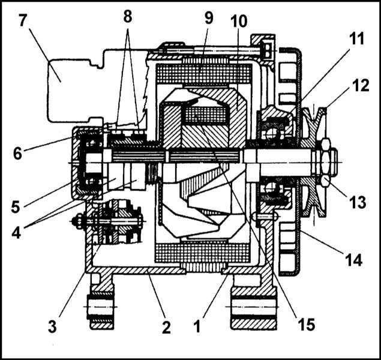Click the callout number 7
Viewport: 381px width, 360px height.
(22, 20)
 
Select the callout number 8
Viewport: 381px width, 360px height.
(128, 17)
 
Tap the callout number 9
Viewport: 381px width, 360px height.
(209, 18)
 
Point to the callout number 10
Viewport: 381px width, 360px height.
(239, 21)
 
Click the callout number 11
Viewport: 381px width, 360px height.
(357, 38)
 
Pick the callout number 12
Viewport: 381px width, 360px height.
(361, 86)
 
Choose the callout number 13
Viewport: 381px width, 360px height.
(358, 202)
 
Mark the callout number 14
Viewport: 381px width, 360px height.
(353, 260)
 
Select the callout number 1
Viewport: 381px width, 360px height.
(197, 326)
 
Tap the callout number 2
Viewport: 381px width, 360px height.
(166, 327)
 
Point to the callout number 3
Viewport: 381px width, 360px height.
(52, 326)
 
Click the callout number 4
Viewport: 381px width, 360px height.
(16, 232)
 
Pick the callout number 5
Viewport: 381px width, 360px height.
(16, 207)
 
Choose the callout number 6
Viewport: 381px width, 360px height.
(17, 154)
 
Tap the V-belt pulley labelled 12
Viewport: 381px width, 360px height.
(313, 162)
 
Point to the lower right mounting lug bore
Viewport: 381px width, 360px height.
(254, 307)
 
